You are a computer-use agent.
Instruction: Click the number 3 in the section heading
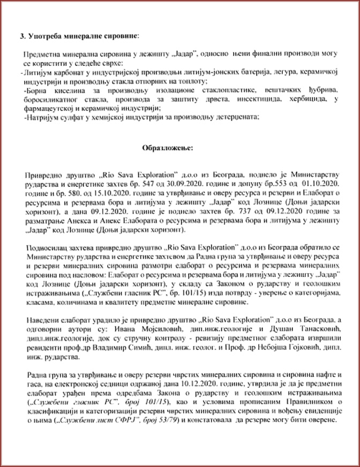click(22, 36)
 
